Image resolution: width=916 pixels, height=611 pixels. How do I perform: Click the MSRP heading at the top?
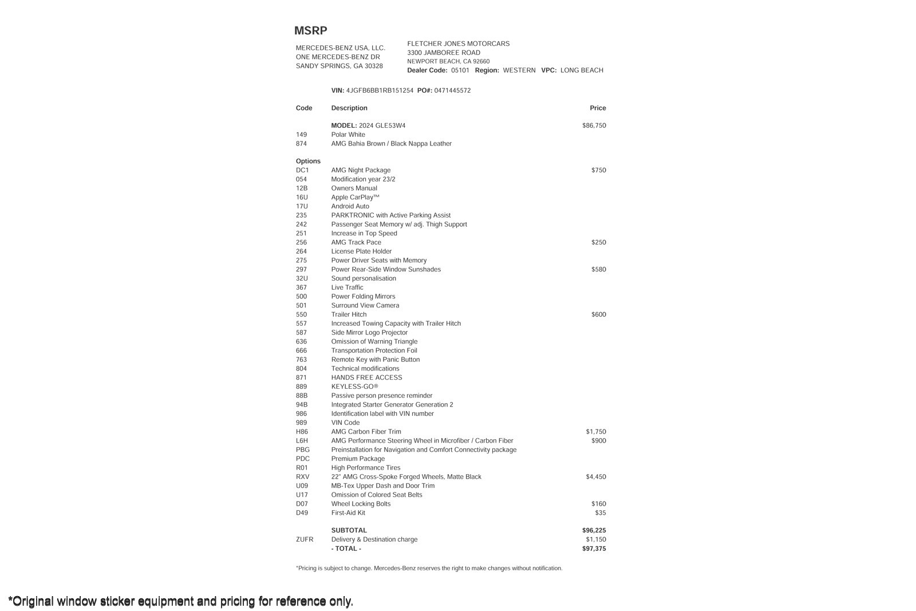[x=310, y=31]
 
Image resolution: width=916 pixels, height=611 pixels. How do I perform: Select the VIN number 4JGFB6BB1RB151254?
[x=380, y=90]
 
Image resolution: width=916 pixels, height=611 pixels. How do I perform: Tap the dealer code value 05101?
[x=460, y=70]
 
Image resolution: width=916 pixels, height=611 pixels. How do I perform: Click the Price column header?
[x=598, y=108]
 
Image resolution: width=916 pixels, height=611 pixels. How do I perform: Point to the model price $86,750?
[x=594, y=125]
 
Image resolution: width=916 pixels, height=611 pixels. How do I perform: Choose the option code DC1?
[x=302, y=170]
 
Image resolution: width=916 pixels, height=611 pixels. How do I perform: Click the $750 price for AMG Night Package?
[x=598, y=170]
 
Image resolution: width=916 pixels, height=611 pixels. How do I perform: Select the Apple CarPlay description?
[x=355, y=198]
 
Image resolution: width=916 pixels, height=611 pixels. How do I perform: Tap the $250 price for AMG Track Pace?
[x=598, y=242]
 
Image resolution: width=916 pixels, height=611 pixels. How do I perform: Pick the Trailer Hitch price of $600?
[x=598, y=314]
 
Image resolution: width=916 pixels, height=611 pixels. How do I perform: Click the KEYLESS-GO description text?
[x=354, y=387]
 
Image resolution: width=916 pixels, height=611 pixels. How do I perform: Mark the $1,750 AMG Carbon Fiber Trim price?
[x=595, y=432]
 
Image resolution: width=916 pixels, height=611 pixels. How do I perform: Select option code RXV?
[x=302, y=477]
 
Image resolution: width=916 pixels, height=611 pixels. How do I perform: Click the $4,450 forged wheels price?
[x=595, y=477]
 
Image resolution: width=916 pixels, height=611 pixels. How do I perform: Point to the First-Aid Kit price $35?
[x=600, y=513]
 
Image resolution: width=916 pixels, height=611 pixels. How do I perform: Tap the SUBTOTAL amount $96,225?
[x=594, y=531]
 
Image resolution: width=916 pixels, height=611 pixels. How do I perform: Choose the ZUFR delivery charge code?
[x=305, y=539]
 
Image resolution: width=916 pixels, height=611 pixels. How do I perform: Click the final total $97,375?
[x=594, y=549]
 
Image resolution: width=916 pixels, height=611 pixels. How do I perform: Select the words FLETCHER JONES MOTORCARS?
[x=458, y=44]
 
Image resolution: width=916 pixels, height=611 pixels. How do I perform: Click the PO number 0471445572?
[x=452, y=90]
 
